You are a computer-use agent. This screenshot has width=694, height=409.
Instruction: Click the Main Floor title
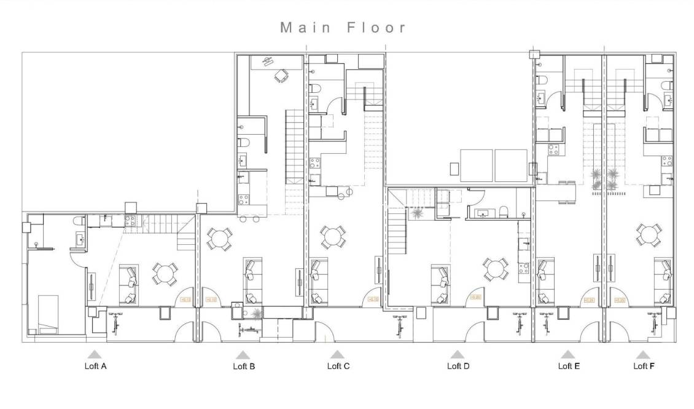pos(343,28)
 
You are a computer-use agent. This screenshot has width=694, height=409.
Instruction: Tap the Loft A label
pos(95,366)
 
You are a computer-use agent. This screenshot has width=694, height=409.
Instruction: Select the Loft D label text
pos(458,366)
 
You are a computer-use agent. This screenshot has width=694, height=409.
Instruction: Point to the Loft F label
pos(644,366)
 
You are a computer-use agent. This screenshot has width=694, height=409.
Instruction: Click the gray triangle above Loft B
pos(243,355)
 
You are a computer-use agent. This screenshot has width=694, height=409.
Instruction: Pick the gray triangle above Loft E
pos(568,354)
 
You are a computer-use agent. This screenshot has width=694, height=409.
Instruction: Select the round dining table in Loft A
pos(165,273)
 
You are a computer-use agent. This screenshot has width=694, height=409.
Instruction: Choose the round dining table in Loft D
pos(495,268)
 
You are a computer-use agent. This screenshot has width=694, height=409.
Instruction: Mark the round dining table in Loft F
pos(649,234)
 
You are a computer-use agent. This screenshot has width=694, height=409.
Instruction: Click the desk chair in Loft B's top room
pos(281,76)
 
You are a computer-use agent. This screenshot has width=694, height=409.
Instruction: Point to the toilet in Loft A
pos(78,221)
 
